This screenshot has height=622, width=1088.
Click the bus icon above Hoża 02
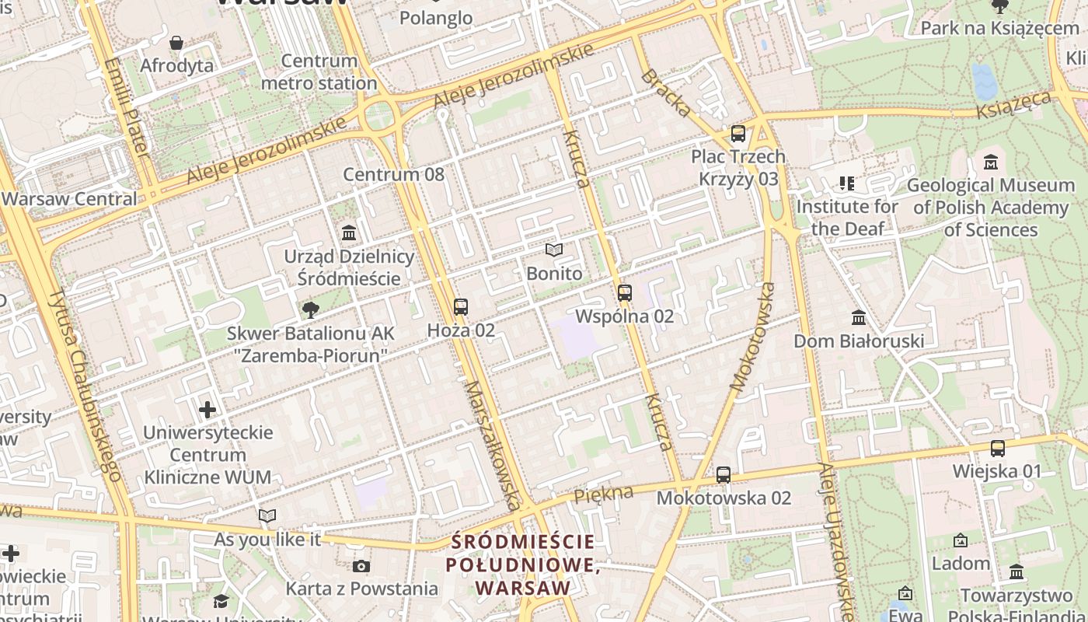pos(461,307)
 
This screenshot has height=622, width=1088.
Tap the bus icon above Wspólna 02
pos(625,293)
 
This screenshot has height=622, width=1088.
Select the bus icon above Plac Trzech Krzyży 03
pos(738,134)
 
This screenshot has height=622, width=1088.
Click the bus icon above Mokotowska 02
pos(724,474)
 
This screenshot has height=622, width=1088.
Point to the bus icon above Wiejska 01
pos(998,448)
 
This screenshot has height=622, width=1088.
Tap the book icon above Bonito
pos(554,250)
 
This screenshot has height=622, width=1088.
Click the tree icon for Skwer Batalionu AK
pos(311,310)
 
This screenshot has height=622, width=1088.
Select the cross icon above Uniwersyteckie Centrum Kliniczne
pos(207,409)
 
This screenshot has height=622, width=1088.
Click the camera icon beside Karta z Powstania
pos(361,566)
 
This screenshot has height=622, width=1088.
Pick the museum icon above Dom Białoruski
pos(859,318)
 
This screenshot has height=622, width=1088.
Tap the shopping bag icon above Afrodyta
pos(176,43)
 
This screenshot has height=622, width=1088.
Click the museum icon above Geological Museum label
pos(991,162)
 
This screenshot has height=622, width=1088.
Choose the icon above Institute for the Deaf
pos(847,184)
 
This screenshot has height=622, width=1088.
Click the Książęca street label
pos(1014,103)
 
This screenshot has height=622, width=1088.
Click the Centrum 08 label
pos(394,174)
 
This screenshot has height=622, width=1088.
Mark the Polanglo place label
pos(436,17)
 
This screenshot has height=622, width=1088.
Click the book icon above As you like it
pos(267,515)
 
